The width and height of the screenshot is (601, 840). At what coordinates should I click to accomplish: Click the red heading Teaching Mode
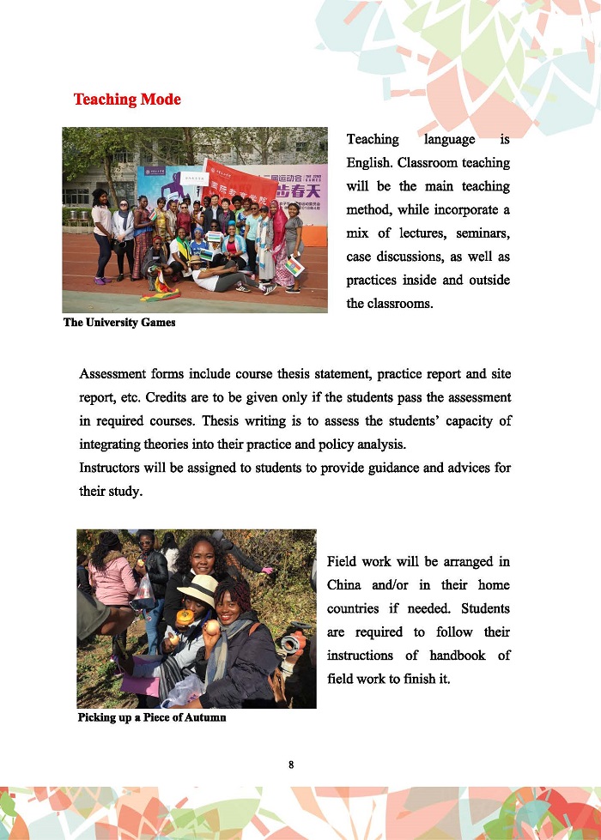127,100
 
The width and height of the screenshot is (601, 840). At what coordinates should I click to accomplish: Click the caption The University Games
119,323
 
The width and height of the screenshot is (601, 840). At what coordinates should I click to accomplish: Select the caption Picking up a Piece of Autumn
152,717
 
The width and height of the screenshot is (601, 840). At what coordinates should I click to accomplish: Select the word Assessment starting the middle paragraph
112,374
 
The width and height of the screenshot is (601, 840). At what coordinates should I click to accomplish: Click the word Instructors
111,468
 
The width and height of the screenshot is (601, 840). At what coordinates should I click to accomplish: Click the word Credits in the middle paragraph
167,398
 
